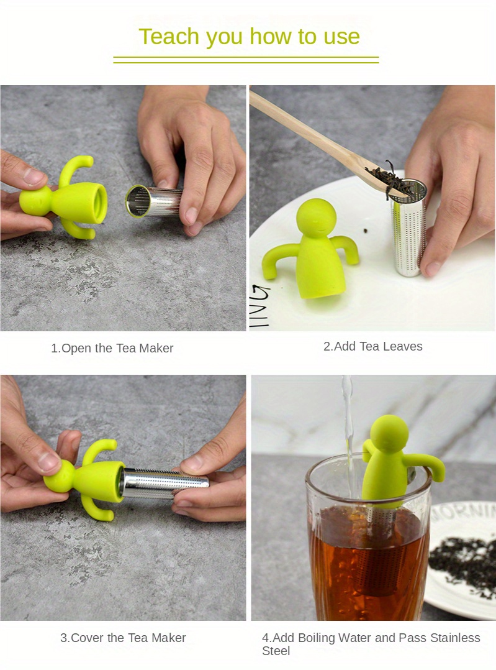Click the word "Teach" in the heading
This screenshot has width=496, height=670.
(169, 36)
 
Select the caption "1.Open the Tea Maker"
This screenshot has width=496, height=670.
(112, 348)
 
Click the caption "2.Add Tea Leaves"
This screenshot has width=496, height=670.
(372, 346)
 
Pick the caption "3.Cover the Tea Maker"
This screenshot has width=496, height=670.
(123, 638)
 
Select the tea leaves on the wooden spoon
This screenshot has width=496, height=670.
(387, 176)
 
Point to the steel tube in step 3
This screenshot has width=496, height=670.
(165, 483)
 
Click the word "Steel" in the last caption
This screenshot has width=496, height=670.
(276, 651)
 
